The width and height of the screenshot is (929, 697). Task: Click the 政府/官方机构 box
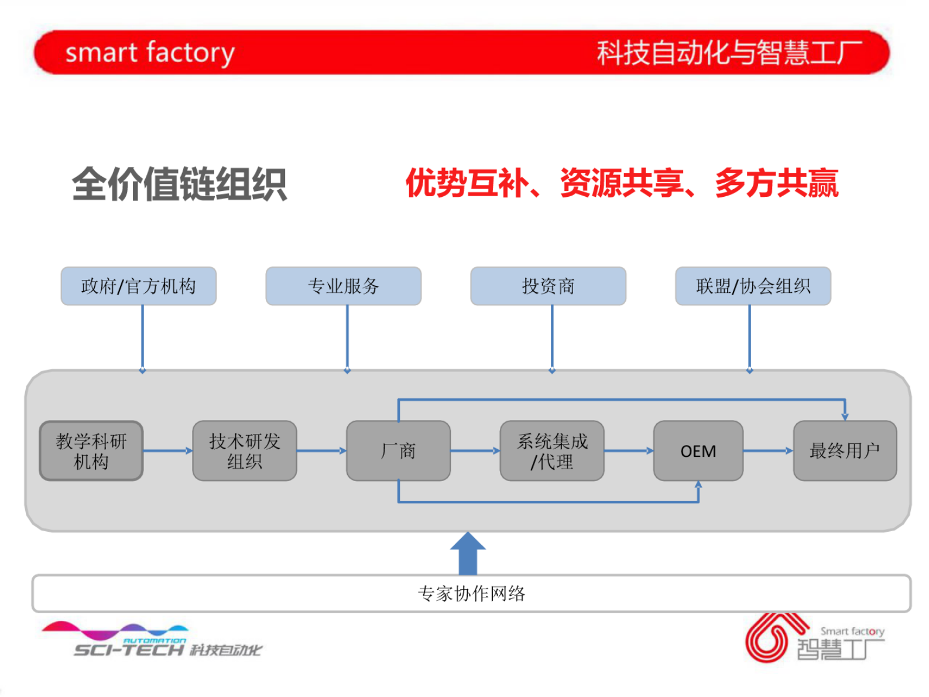point(139,286)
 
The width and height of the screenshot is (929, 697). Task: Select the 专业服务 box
point(344,286)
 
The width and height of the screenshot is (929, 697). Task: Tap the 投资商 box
point(549,286)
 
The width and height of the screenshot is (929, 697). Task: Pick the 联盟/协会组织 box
point(753,286)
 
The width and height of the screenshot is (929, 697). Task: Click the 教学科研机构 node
point(91,451)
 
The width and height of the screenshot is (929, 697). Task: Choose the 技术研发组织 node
point(245,451)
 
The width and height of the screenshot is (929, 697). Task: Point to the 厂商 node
point(398,451)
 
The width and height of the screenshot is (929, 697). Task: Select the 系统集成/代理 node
point(552,451)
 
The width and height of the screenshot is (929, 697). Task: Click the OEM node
point(698,451)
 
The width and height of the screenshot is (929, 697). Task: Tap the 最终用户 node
point(845,451)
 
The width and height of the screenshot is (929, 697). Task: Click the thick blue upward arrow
point(468,553)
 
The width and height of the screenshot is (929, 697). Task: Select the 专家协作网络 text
point(471,594)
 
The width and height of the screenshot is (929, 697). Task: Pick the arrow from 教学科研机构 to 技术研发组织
point(168,451)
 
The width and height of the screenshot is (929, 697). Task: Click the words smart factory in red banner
point(150,53)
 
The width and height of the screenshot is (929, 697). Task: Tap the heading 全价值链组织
point(179,184)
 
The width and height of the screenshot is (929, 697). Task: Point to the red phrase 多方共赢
point(776,183)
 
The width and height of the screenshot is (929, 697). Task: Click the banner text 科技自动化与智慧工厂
point(729,53)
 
